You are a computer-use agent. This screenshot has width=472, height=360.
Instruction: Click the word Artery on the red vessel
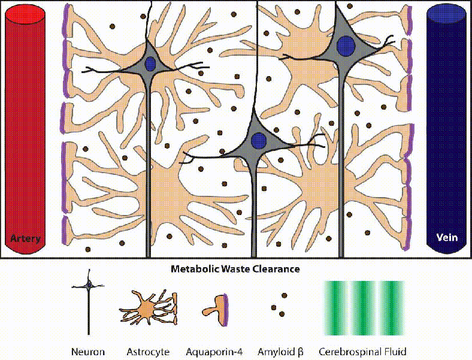point(25,239)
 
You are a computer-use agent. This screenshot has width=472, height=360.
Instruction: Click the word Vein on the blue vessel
point(447,237)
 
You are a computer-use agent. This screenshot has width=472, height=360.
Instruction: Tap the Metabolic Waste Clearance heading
point(235,269)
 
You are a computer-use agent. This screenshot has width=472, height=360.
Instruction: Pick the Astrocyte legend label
point(148,352)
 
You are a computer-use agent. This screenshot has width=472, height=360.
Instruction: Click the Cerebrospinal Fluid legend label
point(363,352)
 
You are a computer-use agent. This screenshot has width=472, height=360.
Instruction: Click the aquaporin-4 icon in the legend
point(215,309)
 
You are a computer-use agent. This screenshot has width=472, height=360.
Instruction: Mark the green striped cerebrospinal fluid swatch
point(364,307)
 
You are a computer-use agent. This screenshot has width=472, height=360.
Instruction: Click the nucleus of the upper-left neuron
point(150,63)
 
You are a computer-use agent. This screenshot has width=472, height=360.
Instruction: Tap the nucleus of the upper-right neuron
point(344,45)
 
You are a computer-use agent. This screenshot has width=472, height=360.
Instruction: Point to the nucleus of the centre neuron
point(259,141)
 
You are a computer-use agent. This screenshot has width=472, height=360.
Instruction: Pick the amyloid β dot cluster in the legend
point(279,305)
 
